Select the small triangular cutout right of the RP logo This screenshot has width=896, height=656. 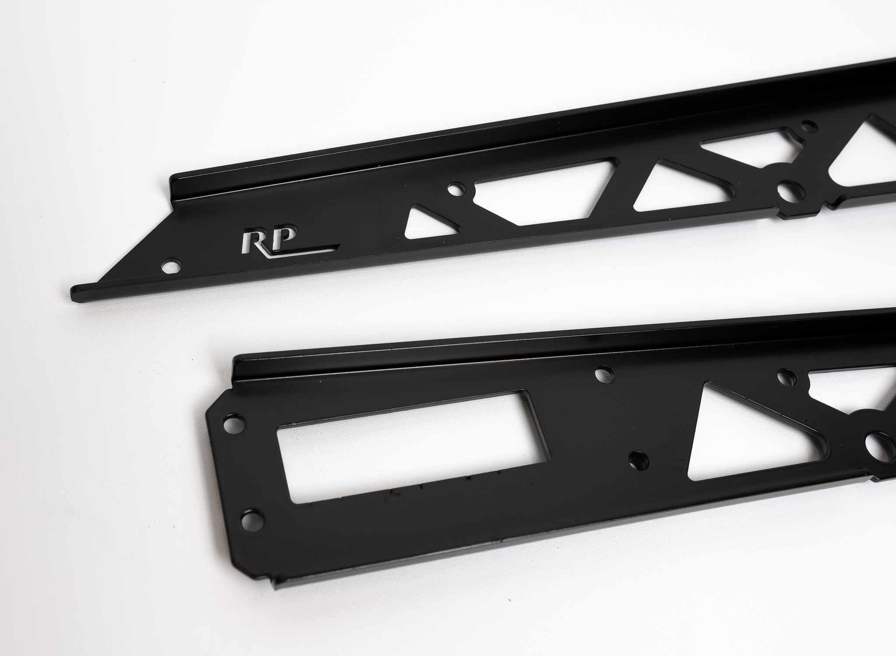pyautogui.click(x=426, y=224)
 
